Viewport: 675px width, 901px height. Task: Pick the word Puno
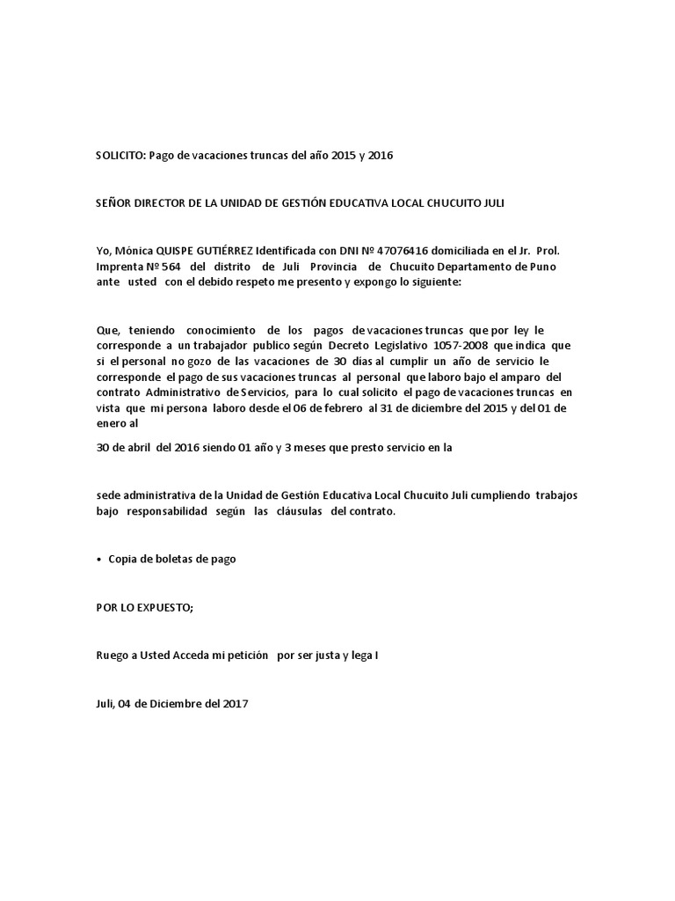(x=540, y=267)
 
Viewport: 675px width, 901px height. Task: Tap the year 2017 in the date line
(x=233, y=703)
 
